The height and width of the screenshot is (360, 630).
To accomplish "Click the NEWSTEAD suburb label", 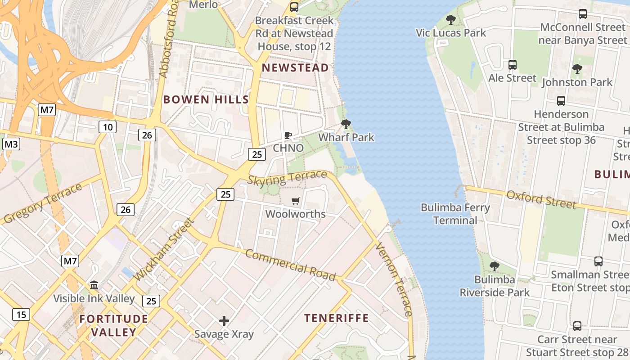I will pos(295,68).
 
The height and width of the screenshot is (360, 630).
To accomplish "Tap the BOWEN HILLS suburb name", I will pos(206,99).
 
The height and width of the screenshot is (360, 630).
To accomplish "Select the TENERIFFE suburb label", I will pos(337,318).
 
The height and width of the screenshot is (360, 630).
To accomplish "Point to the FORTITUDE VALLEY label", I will pos(114,325).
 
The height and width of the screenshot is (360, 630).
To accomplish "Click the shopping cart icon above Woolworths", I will pos(295,201).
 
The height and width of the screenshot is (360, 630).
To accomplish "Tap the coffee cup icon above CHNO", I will pos(288,135).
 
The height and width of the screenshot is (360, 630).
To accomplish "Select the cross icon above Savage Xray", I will pos(224,321).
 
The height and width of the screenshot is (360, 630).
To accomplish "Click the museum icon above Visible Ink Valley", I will pos(94,285).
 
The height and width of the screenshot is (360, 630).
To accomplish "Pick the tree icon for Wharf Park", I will pos(346,124).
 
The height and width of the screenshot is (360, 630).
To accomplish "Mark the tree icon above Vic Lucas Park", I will pos(450,20).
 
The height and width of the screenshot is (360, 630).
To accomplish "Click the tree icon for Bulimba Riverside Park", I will pos(495,266).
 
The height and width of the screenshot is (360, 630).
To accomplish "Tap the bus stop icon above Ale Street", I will pos(512,65).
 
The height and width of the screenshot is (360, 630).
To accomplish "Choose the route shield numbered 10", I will pos(108,127).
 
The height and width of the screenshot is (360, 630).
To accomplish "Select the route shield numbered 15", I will pos(21,315).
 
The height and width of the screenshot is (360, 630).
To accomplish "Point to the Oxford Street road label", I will pos(541,199).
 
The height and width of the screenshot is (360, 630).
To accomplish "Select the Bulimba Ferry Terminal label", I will pos(455,214).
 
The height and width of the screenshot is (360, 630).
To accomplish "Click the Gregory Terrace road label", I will pos(43,203).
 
